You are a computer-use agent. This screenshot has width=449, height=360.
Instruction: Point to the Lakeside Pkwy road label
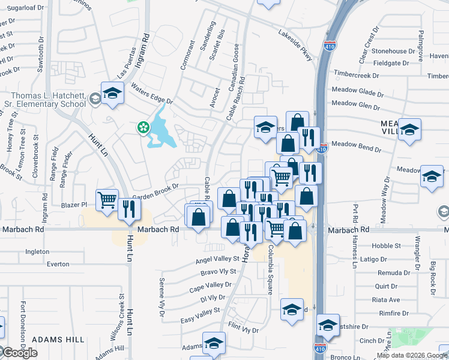(295, 45)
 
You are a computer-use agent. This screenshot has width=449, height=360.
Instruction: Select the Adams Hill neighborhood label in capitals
(58, 340)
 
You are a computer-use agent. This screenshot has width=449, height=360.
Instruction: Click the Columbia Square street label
(270, 269)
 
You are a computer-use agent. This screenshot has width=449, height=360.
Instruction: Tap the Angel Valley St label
(217, 260)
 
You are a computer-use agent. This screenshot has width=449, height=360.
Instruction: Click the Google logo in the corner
(19, 353)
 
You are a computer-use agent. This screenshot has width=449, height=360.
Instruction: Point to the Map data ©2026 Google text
(412, 355)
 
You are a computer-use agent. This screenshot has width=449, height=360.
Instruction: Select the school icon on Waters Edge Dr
(112, 92)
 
